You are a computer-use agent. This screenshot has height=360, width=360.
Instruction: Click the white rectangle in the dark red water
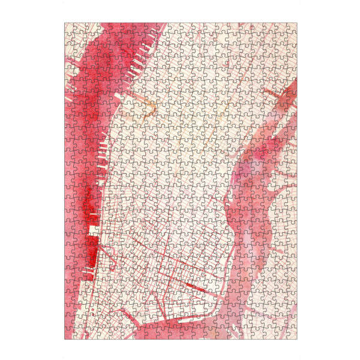pyautogui.click(x=93, y=232)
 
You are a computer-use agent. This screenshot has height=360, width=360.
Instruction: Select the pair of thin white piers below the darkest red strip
pyautogui.click(x=91, y=274)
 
